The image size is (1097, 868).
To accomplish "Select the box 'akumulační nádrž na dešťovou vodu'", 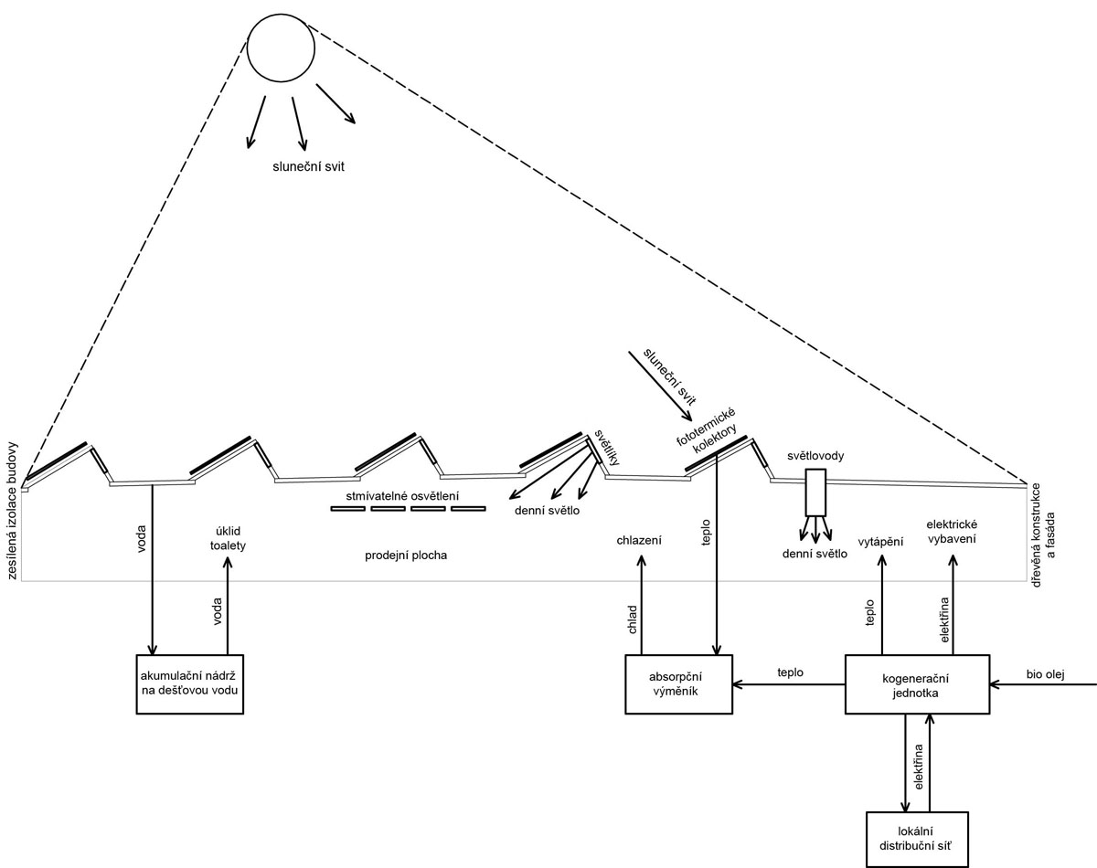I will click(190, 683).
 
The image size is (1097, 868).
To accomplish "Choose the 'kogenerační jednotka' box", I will click(916, 684).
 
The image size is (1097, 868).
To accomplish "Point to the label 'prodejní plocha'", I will click(406, 555).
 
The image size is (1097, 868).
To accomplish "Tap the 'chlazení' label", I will click(639, 541).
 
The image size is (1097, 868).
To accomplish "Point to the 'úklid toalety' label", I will click(226, 537).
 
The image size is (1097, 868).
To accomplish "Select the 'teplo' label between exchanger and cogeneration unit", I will click(790, 672).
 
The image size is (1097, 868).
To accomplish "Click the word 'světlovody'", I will click(815, 455).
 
